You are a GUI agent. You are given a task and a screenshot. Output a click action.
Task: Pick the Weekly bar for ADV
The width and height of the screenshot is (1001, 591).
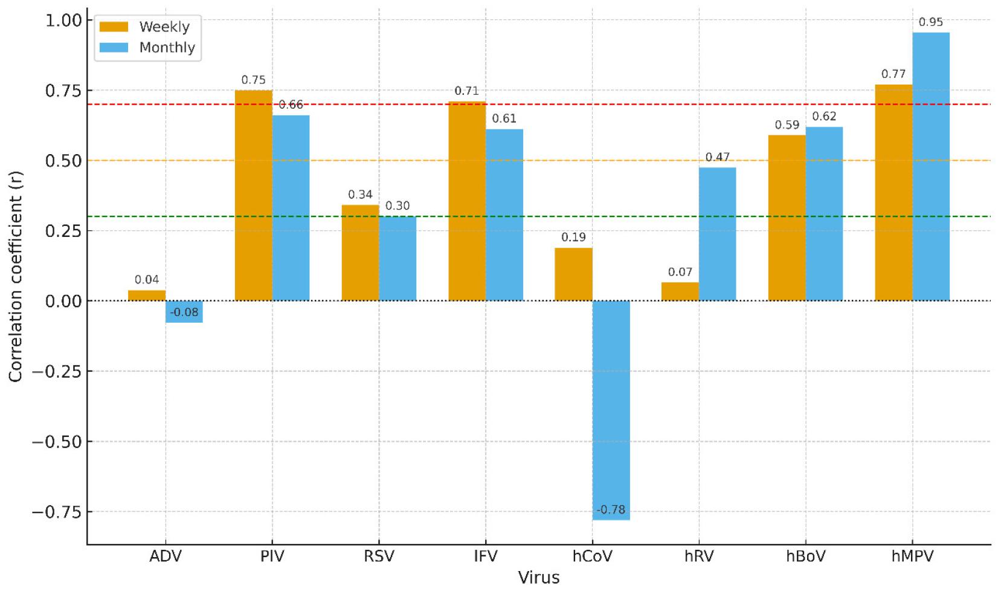(x=147, y=295)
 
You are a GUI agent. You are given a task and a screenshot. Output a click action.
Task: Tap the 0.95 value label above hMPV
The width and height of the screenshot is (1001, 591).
(x=930, y=22)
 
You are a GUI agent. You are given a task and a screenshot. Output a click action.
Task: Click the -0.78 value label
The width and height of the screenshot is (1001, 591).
(x=611, y=510)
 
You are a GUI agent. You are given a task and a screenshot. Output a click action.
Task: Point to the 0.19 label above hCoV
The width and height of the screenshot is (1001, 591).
(x=573, y=237)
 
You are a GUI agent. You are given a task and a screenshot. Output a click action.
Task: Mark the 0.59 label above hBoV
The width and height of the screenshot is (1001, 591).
(x=787, y=125)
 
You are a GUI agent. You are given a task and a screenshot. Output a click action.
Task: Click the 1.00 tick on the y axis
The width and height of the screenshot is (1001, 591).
(x=63, y=21)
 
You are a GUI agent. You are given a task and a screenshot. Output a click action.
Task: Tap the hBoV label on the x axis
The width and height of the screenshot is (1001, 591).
(x=805, y=556)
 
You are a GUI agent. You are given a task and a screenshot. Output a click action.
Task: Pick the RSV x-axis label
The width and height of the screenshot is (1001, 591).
(x=379, y=556)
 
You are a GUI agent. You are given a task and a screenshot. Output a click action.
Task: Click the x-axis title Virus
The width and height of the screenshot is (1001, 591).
(x=539, y=578)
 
